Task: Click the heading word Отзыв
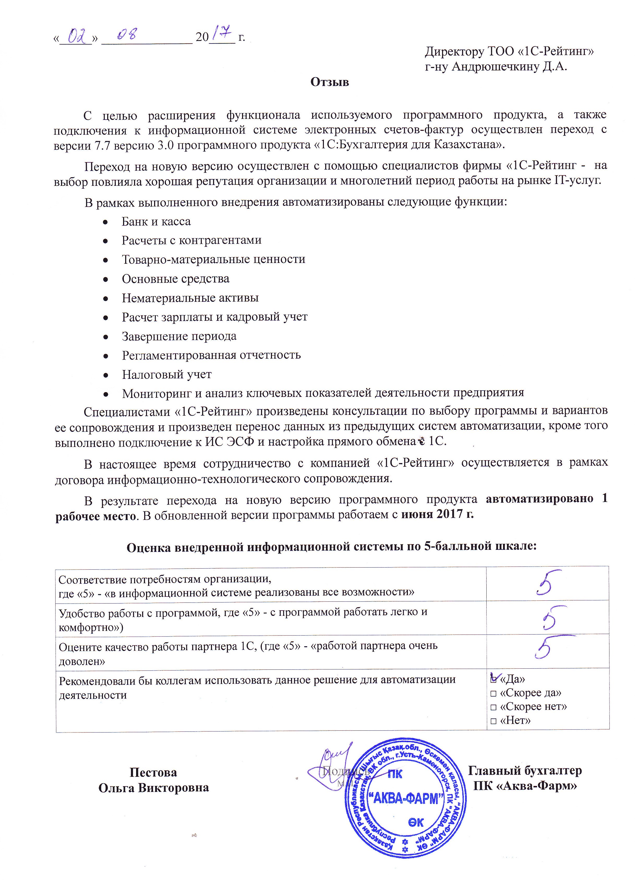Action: (x=329, y=82)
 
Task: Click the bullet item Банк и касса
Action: (x=156, y=221)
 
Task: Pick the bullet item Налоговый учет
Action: (x=167, y=374)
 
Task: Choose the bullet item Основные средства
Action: (x=176, y=279)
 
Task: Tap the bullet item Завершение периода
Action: (x=179, y=336)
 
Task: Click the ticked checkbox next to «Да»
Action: (x=494, y=679)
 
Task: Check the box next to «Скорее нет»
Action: (x=494, y=706)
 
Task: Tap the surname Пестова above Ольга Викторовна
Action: (x=153, y=772)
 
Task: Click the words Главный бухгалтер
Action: (x=525, y=770)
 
